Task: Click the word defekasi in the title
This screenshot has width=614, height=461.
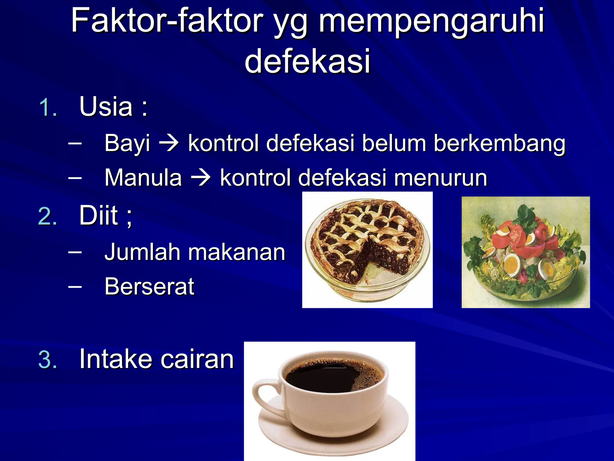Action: [x=308, y=61]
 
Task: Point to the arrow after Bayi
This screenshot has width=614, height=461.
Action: [x=169, y=143]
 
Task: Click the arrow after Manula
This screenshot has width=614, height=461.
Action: [x=201, y=178]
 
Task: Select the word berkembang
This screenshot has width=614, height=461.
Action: [x=499, y=143]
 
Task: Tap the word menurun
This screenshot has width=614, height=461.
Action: [x=440, y=178]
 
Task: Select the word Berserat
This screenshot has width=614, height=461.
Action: [x=149, y=287]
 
